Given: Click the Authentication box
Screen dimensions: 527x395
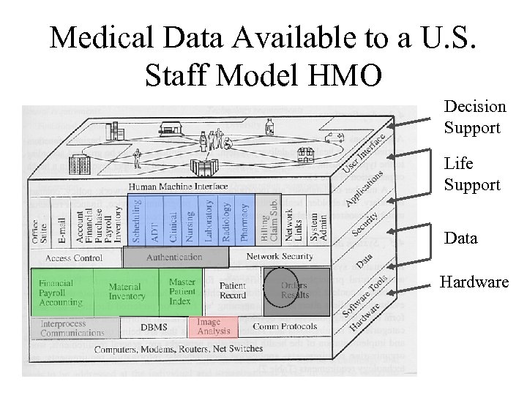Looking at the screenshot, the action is (174, 257).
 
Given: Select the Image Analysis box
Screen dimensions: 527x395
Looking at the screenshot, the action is (213, 327).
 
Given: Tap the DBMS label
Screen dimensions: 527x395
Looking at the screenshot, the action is (154, 328).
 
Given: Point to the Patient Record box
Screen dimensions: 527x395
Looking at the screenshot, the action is (233, 291).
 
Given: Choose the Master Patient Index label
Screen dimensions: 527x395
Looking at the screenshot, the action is (182, 291).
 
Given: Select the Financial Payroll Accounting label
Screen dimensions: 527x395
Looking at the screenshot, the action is (61, 293).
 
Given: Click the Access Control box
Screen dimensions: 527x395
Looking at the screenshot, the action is (74, 258).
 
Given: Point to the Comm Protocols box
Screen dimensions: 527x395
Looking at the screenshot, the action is (285, 326).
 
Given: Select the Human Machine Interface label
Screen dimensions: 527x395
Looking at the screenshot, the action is (179, 187).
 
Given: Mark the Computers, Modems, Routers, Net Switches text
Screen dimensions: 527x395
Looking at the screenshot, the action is (179, 349).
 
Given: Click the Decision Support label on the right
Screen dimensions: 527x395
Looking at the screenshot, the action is (474, 117).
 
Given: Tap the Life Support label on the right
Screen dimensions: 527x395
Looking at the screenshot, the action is (471, 175).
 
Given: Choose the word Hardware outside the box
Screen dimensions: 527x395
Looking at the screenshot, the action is (474, 282).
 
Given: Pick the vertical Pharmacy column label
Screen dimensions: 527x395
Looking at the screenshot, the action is (244, 222).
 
